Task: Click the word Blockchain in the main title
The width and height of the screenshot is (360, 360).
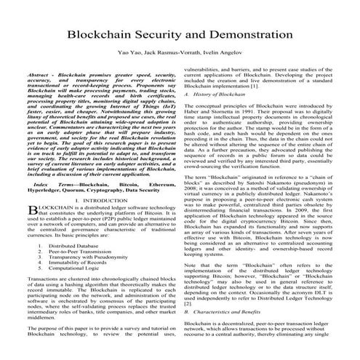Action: [x=105, y=36]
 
